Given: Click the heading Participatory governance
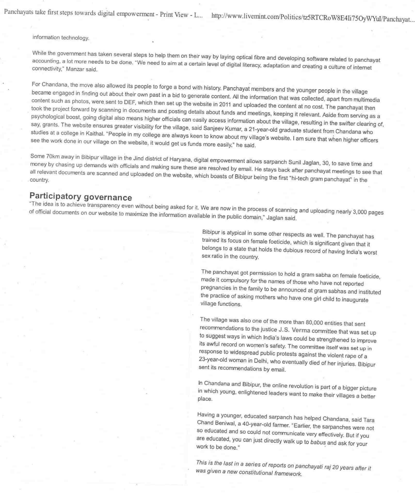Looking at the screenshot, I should click(x=81, y=196).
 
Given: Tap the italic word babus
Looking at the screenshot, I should click(x=318, y=442).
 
